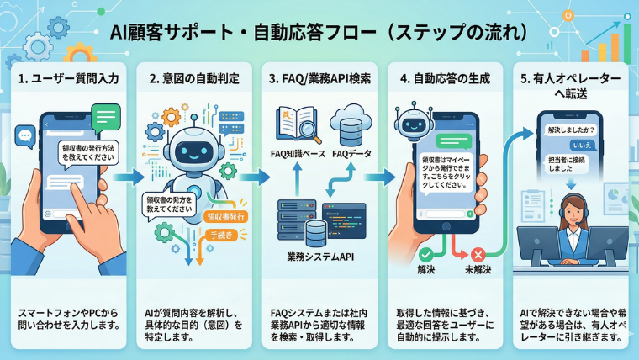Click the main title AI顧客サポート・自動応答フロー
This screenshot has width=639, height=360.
point(319,33)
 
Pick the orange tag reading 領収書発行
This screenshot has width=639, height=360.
point(226,216)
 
